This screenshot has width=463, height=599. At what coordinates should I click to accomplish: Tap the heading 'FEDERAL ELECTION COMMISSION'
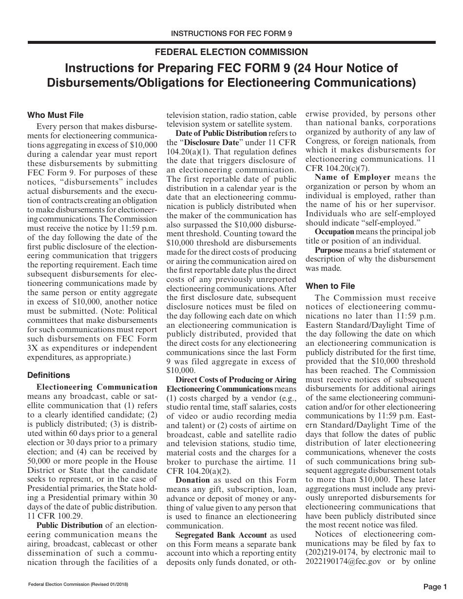(x=231, y=52)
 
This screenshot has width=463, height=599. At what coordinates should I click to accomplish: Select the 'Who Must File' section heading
(x=55, y=115)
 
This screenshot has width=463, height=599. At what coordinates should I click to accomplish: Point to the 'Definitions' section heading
(x=49, y=375)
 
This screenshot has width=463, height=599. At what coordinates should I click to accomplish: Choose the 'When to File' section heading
(x=330, y=286)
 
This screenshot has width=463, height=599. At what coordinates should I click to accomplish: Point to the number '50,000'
(x=41, y=461)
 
